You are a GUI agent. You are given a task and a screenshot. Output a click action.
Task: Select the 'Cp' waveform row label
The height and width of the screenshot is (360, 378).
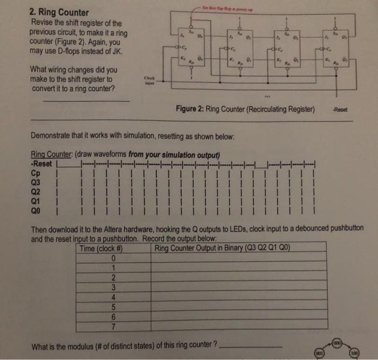pyautogui.click(x=37, y=174)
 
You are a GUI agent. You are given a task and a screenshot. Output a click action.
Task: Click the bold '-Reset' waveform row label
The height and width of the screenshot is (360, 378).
pyautogui.click(x=42, y=164)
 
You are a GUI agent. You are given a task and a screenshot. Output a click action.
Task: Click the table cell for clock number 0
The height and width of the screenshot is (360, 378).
pyautogui.click(x=114, y=258)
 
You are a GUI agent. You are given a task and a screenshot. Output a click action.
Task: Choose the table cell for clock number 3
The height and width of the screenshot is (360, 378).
pyautogui.click(x=114, y=287)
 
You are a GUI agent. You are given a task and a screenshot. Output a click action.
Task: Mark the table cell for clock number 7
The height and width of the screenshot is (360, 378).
pyautogui.click(x=114, y=326)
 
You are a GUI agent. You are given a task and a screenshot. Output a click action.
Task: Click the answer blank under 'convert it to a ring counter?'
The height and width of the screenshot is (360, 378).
pyautogui.click(x=86, y=101)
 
